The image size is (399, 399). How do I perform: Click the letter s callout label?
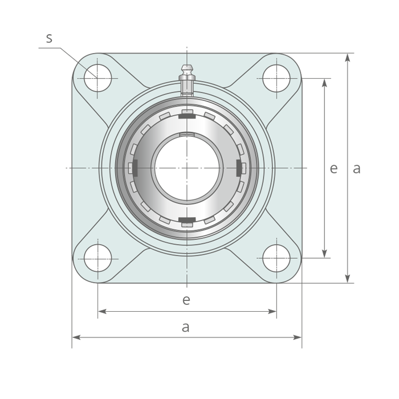pyautogui.click(x=49, y=38)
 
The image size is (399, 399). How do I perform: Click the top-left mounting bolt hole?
pyautogui.click(x=97, y=78)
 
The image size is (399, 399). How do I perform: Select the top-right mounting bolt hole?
pyautogui.click(x=276, y=78)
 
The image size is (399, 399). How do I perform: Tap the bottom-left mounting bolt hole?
pyautogui.click(x=97, y=258)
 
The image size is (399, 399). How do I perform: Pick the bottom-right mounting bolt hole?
pyautogui.click(x=276, y=258)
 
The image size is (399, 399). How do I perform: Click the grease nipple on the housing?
pyautogui.click(x=187, y=80)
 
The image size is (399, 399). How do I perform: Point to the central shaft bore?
pyautogui.click(x=187, y=168)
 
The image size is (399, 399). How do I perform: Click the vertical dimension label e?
pyautogui.click(x=333, y=169)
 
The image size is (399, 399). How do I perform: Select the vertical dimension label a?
pyautogui.click(x=356, y=169)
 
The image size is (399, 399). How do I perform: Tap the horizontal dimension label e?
pyautogui.click(x=186, y=300)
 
